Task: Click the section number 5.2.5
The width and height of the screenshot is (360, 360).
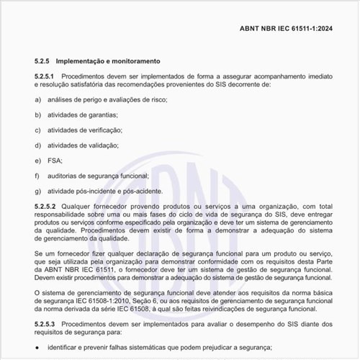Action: point(45,60)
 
